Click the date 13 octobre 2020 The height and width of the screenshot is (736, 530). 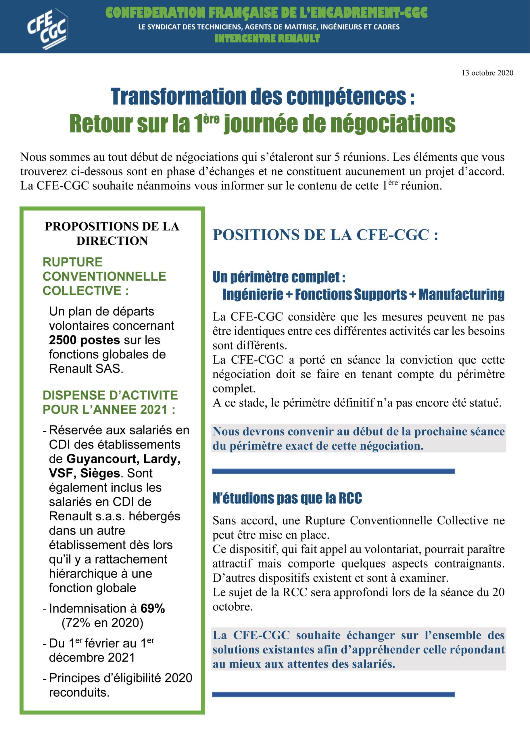point(487,73)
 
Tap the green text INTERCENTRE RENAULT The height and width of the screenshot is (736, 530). point(267,39)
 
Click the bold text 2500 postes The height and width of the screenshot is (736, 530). point(84,340)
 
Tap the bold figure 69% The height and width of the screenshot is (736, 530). point(152,608)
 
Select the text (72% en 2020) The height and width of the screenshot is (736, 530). point(102,622)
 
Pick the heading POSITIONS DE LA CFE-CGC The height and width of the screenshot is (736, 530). point(325,235)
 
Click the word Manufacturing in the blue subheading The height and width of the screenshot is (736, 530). point(461,294)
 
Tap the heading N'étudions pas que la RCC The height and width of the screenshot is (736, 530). point(287,498)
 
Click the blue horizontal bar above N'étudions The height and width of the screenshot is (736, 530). point(333,471)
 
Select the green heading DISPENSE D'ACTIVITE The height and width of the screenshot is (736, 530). point(110,395)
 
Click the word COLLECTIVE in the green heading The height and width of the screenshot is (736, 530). point(82,290)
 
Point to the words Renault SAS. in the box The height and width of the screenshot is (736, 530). point(86,369)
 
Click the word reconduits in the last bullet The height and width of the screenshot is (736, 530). point(79,692)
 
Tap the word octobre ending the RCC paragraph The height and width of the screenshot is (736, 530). point(232,607)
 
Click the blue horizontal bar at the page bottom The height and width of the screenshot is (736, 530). point(333,695)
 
